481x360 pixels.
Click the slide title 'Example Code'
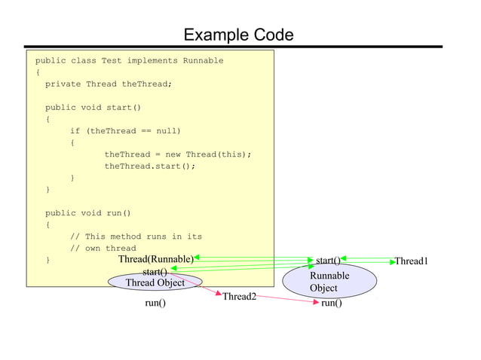pyautogui.click(x=238, y=35)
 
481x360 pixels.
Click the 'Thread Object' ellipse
pyautogui.click(x=155, y=282)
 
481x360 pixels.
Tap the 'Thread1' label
pyautogui.click(x=411, y=261)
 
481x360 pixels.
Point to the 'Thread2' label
pyautogui.click(x=239, y=297)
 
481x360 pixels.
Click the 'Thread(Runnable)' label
pyautogui.click(x=155, y=260)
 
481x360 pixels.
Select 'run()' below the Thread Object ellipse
pyautogui.click(x=155, y=304)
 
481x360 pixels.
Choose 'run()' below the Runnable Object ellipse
pyautogui.click(x=331, y=304)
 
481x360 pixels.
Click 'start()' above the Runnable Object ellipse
pyautogui.click(x=328, y=261)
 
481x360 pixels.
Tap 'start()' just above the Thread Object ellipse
pyautogui.click(x=155, y=272)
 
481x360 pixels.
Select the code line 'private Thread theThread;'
pyautogui.click(x=109, y=84)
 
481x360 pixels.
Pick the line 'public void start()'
pyautogui.click(x=93, y=108)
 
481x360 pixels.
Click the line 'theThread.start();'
pyautogui.click(x=149, y=166)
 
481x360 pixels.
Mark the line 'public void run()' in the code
pyautogui.click(x=87, y=213)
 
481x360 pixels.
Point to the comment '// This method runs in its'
pyautogui.click(x=136, y=236)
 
